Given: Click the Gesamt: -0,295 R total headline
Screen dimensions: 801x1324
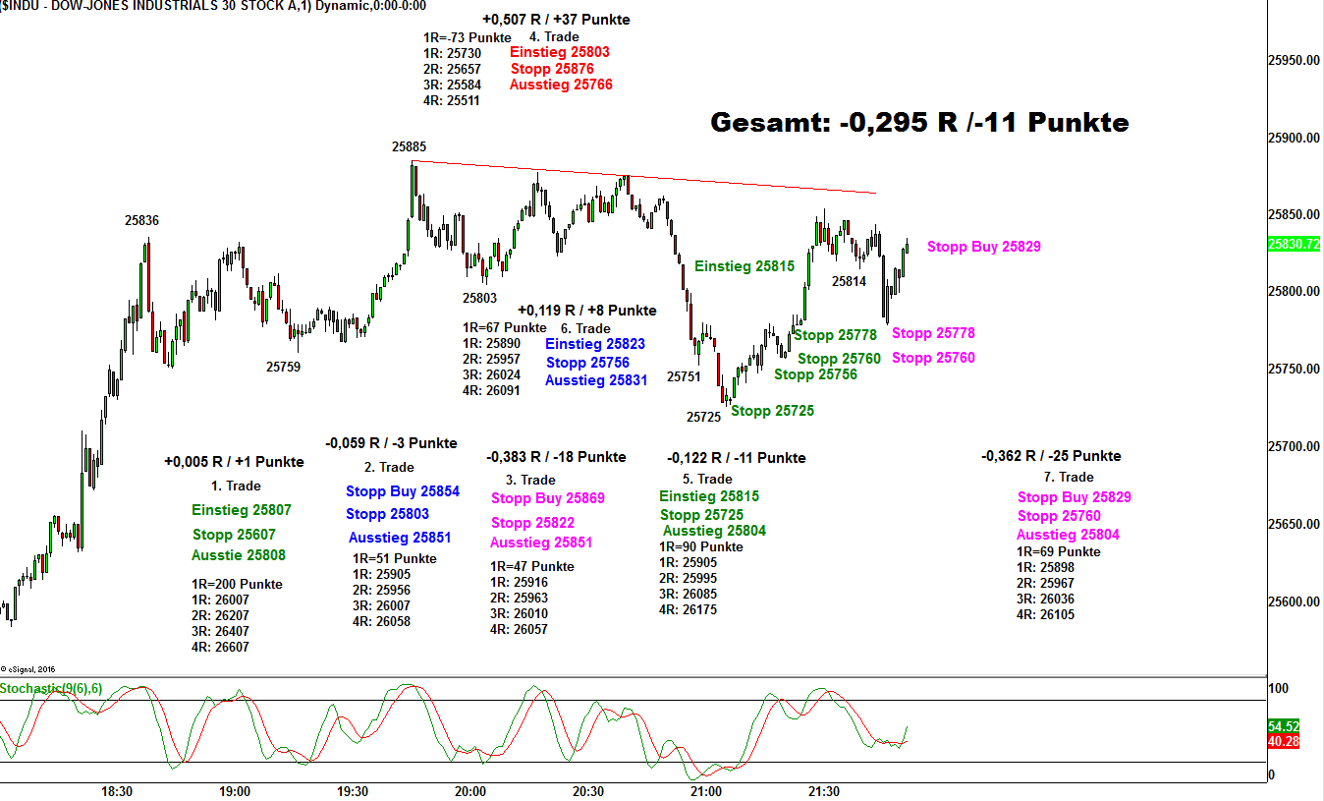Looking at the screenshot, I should point(919,123).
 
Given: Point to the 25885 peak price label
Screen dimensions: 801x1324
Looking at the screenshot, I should point(409,146).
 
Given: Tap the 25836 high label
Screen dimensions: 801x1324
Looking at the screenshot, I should point(141,220).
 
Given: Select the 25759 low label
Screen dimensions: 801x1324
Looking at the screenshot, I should point(283,367).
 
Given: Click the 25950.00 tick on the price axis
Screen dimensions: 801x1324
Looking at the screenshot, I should point(1293,61).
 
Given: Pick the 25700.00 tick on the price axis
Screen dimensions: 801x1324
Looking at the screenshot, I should point(1293,447).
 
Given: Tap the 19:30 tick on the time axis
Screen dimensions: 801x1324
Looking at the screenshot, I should point(353,791).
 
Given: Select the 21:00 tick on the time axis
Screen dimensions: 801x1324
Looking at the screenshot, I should point(705,791).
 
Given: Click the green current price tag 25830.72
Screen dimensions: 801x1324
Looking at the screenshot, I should point(1294,244).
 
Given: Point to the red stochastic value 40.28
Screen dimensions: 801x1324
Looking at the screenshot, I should point(1284,741).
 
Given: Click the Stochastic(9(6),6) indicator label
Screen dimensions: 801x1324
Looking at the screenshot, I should point(51,688).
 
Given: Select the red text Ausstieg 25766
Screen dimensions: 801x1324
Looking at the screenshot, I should point(561,86).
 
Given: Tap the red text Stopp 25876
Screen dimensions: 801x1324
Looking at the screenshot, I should point(552,69).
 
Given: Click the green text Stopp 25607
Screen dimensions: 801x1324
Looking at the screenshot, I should point(234,535).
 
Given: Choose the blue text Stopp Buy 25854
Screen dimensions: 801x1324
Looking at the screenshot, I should point(403,491).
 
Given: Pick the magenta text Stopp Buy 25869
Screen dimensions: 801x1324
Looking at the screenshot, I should point(548,498).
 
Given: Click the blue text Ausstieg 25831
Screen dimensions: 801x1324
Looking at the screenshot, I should point(596,380).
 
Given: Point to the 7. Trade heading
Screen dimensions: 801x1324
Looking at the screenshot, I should point(1069,477).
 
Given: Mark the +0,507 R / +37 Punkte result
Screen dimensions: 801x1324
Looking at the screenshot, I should point(556,20).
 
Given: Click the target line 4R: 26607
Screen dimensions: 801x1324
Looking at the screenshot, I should point(220,647).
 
